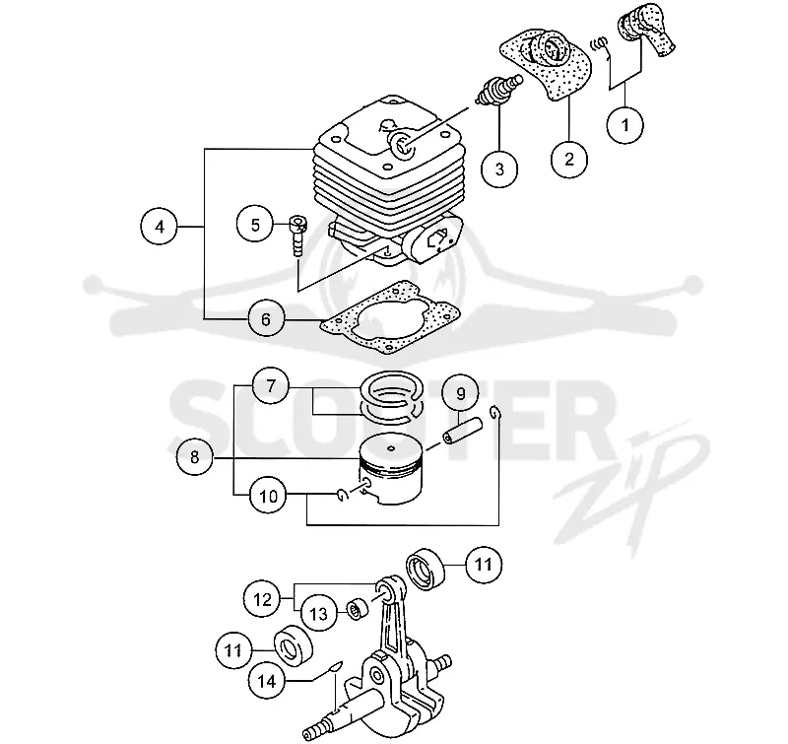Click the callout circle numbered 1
click(625, 125)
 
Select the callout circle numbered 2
click(569, 159)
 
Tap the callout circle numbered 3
click(499, 169)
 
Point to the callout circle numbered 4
click(160, 228)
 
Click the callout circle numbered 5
click(255, 225)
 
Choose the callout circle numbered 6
click(266, 319)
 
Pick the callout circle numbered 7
click(271, 386)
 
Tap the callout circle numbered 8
click(194, 457)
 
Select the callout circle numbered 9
click(460, 393)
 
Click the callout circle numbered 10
click(268, 496)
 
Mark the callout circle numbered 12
click(262, 599)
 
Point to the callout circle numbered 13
click(318, 613)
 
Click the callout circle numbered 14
click(267, 681)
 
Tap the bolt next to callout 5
click(298, 236)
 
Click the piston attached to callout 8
click(391, 469)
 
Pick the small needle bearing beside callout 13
click(358, 608)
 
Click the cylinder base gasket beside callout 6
click(390, 316)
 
